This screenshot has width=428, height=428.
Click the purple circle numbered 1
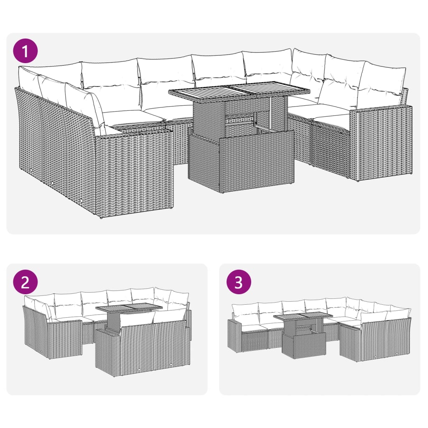tap(25, 51)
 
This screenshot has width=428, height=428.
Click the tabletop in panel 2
tap(129, 308)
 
